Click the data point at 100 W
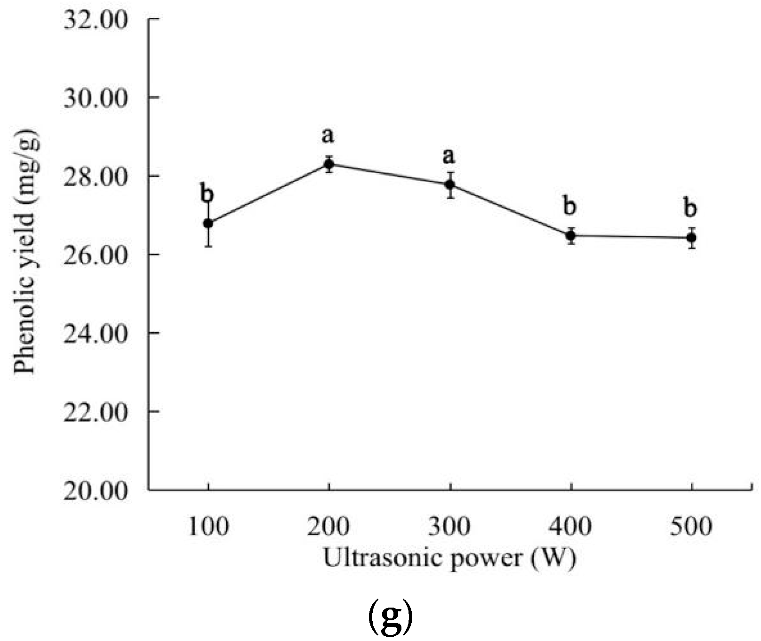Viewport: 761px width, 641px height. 208,223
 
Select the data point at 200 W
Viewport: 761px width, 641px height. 329,164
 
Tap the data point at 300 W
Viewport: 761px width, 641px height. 450,184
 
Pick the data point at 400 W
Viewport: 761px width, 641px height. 571,235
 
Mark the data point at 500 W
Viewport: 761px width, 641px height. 691,238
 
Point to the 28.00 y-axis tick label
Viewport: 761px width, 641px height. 96,176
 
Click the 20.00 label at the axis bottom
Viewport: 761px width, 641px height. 96,490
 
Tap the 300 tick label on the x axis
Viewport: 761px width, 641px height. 449,527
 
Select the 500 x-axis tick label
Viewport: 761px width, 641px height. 691,527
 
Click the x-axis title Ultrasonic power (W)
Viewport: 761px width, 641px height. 449,559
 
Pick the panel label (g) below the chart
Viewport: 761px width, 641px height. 390,618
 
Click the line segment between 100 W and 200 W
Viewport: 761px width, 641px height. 268,194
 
